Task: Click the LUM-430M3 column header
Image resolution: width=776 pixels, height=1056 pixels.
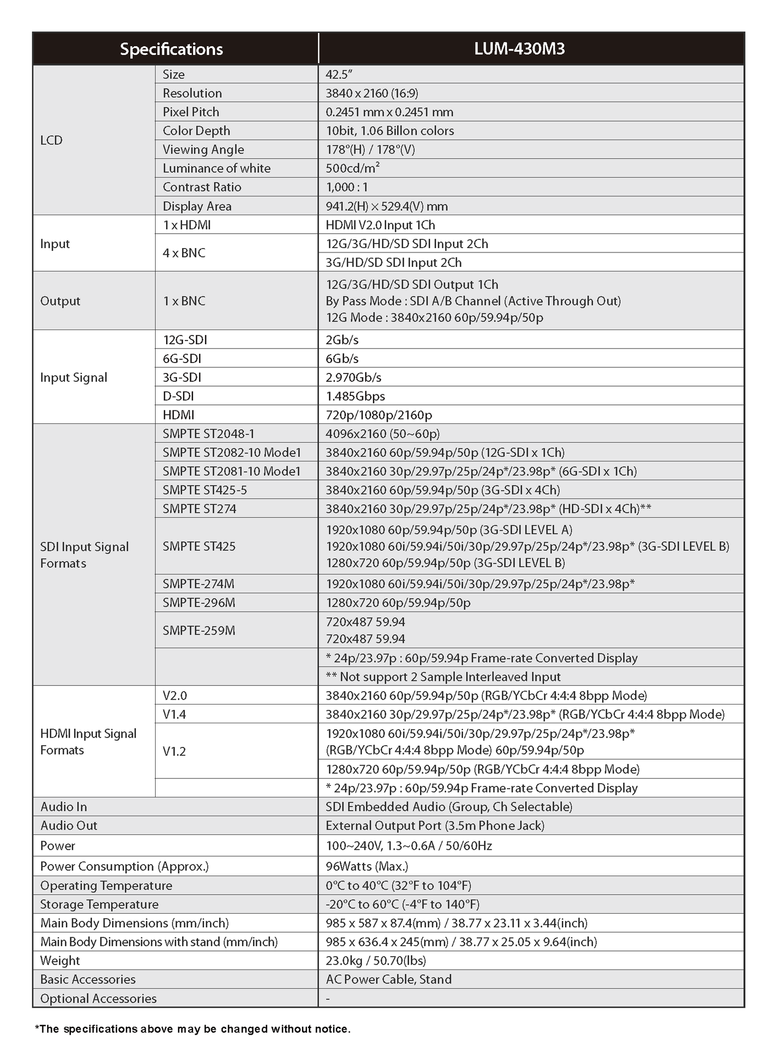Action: point(519,49)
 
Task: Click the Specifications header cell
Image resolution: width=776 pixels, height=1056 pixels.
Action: point(172,49)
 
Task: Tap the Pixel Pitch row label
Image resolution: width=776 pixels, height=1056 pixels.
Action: point(191,112)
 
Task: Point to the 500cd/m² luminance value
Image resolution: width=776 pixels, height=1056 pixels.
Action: point(353,168)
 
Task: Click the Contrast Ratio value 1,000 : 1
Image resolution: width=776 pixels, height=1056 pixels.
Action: point(346,187)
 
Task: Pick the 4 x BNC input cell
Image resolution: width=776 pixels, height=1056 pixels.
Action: point(184,253)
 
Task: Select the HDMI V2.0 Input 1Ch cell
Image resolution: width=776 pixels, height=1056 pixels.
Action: point(380,225)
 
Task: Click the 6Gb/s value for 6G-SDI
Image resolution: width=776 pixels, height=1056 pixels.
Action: point(342,359)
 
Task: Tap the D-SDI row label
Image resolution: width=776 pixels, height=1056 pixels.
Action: point(178,396)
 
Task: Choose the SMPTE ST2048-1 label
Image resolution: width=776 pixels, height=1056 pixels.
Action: point(208,434)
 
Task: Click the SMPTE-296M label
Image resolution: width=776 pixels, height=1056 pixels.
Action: point(199,603)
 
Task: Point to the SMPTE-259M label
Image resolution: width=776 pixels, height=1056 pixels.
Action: point(199,630)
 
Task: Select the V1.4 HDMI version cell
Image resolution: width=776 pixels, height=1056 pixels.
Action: point(174,714)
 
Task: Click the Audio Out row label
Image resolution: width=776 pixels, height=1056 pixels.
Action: point(69,826)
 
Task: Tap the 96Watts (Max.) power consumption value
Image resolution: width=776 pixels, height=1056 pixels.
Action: point(367,866)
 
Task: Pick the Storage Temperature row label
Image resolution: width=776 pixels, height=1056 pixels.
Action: point(99,904)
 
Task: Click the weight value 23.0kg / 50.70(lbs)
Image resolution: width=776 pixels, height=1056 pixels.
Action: point(376,960)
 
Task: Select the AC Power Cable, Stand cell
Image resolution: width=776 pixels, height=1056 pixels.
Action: point(389,979)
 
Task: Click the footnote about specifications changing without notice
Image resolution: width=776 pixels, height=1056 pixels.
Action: point(192,1028)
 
